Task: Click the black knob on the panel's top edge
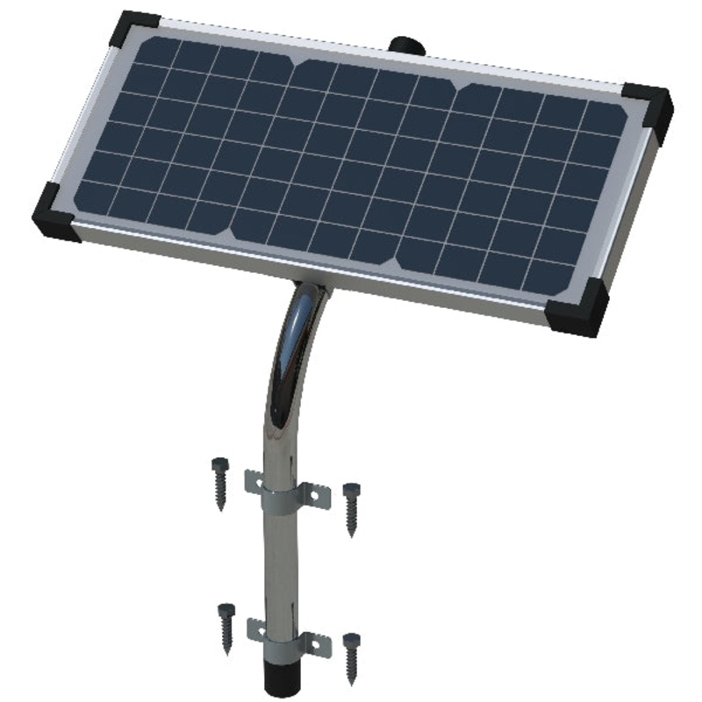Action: click(x=405, y=44)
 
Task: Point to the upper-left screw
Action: click(x=219, y=479)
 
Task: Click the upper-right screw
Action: click(x=352, y=506)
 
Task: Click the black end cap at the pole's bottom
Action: click(x=283, y=680)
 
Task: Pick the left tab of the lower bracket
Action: click(x=256, y=628)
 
